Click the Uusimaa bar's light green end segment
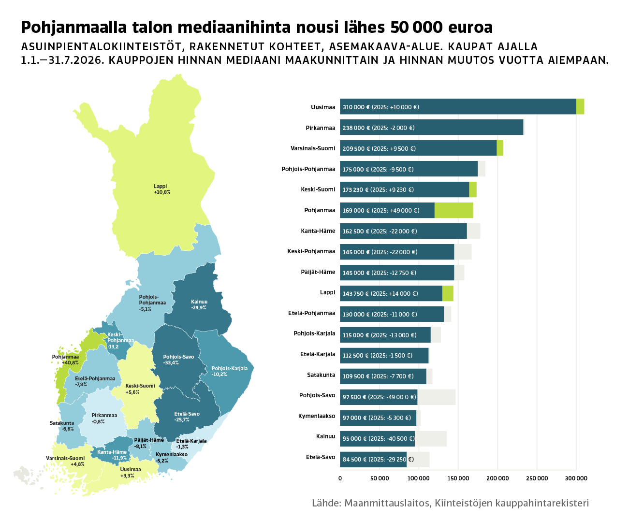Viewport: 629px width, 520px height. click(x=580, y=107)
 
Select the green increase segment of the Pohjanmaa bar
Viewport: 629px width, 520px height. click(x=453, y=210)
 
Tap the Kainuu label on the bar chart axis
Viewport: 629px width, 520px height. click(x=325, y=436)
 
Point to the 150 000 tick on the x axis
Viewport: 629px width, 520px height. click(x=458, y=478)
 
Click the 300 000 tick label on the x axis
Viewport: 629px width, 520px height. click(x=576, y=478)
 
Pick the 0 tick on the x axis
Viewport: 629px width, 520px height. click(x=340, y=478)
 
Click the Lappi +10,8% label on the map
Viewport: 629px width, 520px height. click(x=162, y=189)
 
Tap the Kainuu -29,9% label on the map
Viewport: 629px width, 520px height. click(x=199, y=304)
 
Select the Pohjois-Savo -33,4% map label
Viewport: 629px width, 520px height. click(x=178, y=360)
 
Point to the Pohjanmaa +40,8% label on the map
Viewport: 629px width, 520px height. click(x=65, y=360)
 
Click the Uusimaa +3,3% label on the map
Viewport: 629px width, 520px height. click(x=130, y=473)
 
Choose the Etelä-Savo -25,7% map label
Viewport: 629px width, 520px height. click(x=187, y=417)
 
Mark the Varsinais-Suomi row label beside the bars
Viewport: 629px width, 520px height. click(x=313, y=148)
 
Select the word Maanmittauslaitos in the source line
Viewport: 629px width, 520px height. click(x=387, y=503)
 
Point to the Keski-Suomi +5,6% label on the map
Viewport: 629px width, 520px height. click(x=140, y=389)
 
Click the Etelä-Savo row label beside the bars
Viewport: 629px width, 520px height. click(x=321, y=457)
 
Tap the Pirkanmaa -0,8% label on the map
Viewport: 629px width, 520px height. click(x=104, y=418)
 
